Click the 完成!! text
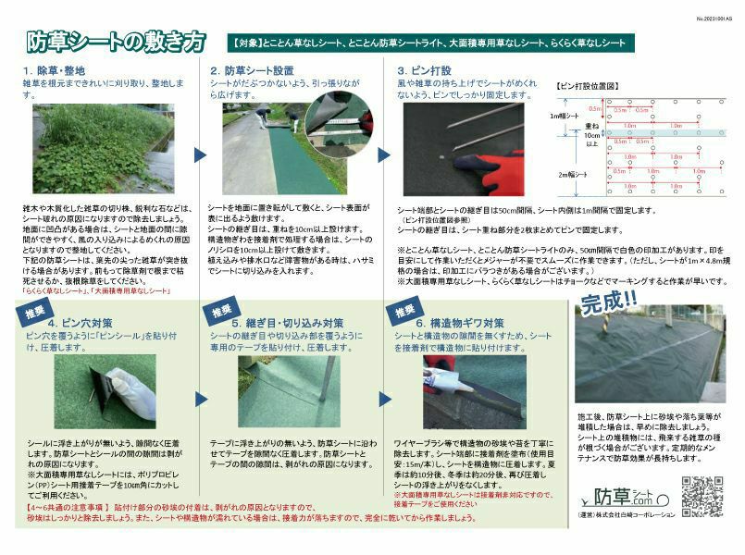[x=606, y=302]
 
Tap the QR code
[x=702, y=496]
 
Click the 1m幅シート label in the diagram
[x=562, y=116]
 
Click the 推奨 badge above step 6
[x=403, y=311]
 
